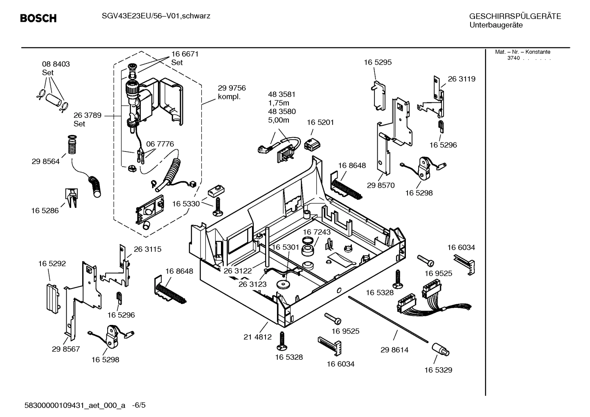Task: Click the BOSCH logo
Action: (x=38, y=18)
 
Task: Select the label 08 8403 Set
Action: (x=56, y=68)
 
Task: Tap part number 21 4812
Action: (x=257, y=337)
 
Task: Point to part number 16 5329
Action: (x=438, y=370)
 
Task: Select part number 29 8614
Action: (x=394, y=350)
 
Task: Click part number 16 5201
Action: (x=320, y=122)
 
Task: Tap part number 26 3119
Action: (x=462, y=79)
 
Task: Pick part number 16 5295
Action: (x=378, y=62)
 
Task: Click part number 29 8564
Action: (x=45, y=161)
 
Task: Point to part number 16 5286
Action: (x=45, y=210)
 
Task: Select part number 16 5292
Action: (x=52, y=264)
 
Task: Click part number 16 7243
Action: (x=317, y=232)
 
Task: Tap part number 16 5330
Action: (x=186, y=204)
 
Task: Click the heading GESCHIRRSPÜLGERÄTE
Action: (x=515, y=16)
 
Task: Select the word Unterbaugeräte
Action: (x=495, y=25)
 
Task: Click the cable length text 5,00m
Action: (x=278, y=120)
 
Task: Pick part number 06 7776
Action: (x=160, y=144)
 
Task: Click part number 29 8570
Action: (x=381, y=185)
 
